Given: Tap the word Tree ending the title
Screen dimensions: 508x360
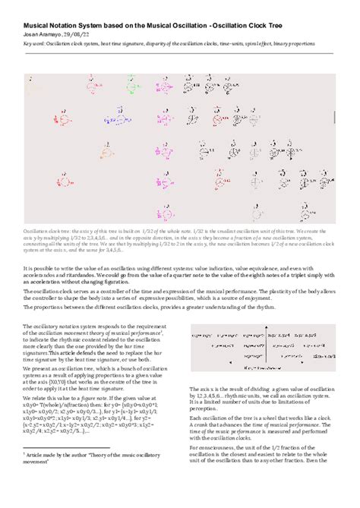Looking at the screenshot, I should coord(324,25).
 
